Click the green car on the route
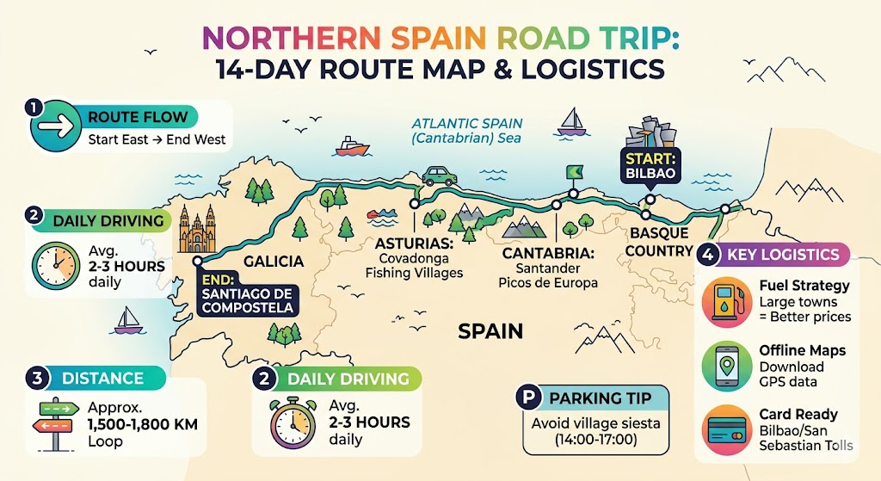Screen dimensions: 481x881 pos(439,176)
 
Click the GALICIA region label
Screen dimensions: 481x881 pos(273,261)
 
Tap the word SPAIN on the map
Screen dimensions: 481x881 pos(490,330)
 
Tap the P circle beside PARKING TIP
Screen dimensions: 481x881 pos(526,398)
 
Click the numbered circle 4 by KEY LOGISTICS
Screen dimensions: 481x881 pos(707,254)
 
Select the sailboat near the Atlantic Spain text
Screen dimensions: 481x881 pos(570,122)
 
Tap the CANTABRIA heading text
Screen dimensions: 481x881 pos(549,254)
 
